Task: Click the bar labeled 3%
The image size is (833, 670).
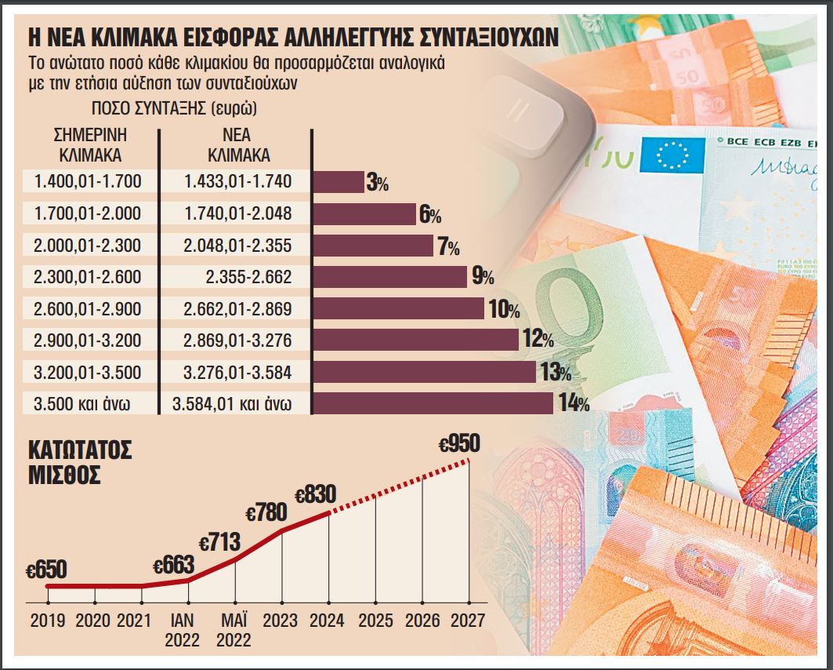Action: (x=339, y=182)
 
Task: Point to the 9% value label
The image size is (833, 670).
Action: (x=482, y=277)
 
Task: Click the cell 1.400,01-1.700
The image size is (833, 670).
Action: (x=88, y=182)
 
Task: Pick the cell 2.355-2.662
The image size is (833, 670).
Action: (x=238, y=277)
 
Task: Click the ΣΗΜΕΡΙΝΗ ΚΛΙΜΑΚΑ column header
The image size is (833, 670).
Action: (x=88, y=144)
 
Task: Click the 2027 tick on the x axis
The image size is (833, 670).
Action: (x=469, y=620)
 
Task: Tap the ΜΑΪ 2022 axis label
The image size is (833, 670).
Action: (x=234, y=629)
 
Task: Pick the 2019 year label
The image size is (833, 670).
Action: (x=49, y=620)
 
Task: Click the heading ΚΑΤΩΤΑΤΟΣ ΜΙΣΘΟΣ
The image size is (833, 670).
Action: (x=79, y=463)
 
